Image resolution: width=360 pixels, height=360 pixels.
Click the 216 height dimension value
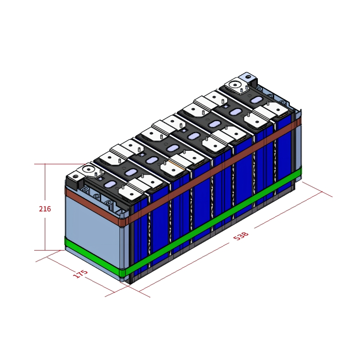coord(45,209)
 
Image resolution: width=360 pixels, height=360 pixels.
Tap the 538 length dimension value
coord(241,236)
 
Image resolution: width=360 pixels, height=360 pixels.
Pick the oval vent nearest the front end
coord(130,172)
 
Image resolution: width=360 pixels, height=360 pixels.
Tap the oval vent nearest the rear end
coord(256,99)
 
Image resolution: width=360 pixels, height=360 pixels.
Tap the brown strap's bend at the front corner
coord(123,221)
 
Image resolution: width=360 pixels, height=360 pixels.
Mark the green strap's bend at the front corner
coord(123,271)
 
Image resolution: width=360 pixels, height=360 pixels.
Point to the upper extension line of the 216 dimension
coord(58,164)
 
